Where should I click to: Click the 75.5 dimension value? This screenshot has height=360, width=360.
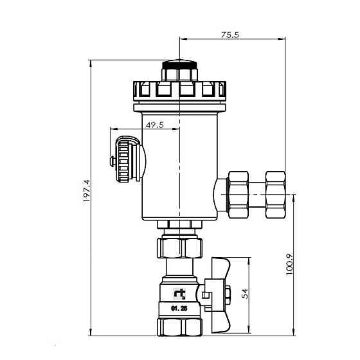point(229,35)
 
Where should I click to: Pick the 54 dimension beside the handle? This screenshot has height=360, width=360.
point(245,293)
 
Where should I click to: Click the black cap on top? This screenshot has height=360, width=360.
point(180,65)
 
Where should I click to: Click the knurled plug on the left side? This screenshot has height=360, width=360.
point(126,158)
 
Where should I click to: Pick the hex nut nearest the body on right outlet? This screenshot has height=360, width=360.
point(239,192)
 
